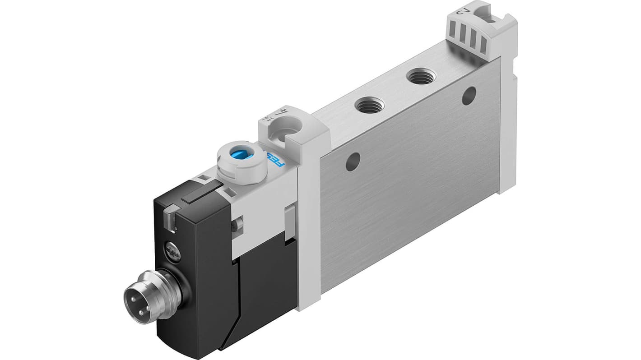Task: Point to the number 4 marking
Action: pos(283,111)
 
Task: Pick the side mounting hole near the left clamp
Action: pos(353,162)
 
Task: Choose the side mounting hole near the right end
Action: pos(469,96)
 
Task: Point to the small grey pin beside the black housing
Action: pos(238,223)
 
